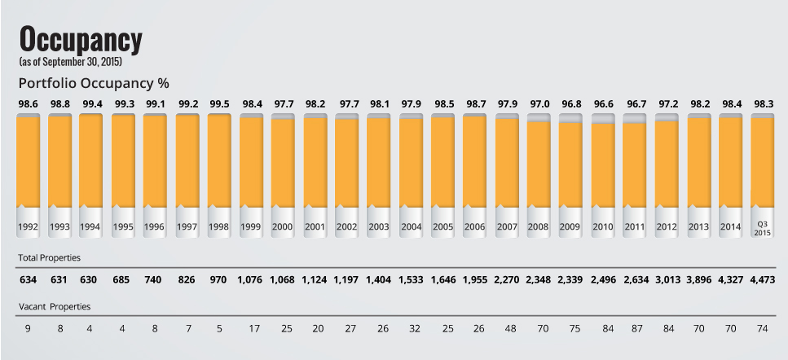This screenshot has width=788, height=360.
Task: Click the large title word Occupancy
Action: pos(80,39)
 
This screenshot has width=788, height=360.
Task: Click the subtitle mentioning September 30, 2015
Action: pos(69,61)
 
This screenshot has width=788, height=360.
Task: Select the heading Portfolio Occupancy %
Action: pos(93,84)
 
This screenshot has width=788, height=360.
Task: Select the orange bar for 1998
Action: pos(220,163)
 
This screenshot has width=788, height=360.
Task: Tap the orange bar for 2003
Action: pos(379,163)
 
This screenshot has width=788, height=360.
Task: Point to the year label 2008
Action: pos(539,227)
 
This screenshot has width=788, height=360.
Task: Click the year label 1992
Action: pos(29,227)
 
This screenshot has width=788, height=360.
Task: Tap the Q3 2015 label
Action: pos(762,227)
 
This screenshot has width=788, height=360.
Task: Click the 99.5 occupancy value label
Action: pos(220,104)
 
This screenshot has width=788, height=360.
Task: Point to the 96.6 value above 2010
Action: pos(603,104)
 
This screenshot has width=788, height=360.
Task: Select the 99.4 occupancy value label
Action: pos(92,104)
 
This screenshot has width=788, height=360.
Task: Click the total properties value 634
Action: pos(29,279)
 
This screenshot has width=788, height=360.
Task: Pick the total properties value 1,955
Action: pos(475,279)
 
